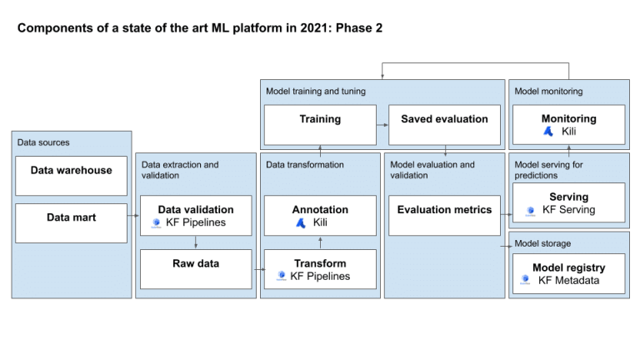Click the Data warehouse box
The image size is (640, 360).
pos(71,176)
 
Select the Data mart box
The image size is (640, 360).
pos(71,222)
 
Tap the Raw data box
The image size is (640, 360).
pos(195,268)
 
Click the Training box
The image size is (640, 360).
pos(320,124)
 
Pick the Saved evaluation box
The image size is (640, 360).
pos(444,124)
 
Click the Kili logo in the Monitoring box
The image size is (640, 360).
pos(548,132)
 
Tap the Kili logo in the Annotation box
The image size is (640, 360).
pos(301,223)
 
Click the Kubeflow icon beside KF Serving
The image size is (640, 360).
pos(530,211)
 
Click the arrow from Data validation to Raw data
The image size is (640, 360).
pos(195,242)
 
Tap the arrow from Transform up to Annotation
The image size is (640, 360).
pos(320,242)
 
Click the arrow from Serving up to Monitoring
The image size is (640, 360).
pos(569,150)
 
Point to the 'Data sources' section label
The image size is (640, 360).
pos(43,142)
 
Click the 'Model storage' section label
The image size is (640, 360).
pos(542,242)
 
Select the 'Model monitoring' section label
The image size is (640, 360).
pos(548,91)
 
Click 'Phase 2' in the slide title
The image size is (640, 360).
pos(358,28)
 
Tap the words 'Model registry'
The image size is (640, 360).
pos(569,267)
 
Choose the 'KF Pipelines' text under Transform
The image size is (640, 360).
pos(320,276)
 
